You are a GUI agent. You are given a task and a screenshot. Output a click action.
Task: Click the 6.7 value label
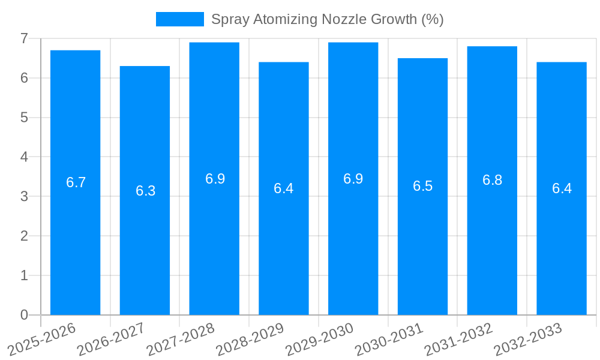(76, 182)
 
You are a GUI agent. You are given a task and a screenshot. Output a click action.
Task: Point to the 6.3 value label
(145, 191)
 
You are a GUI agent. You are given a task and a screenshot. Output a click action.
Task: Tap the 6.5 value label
(422, 186)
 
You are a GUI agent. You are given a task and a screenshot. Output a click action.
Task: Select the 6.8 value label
(492, 180)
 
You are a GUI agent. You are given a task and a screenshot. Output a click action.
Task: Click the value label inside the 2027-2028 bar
(215, 178)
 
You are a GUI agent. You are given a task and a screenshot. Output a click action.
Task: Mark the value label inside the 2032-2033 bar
(562, 188)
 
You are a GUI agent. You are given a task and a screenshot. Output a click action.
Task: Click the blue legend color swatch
(179, 19)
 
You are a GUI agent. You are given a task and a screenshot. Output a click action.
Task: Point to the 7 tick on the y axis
(24, 38)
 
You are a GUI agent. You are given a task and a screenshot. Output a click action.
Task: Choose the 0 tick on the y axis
(24, 315)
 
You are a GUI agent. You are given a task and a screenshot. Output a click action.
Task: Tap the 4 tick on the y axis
(24, 157)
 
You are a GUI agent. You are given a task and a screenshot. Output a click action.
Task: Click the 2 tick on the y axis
(24, 236)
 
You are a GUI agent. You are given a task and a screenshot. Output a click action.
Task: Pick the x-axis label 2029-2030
(319, 340)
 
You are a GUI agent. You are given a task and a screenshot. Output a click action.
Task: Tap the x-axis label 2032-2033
(527, 340)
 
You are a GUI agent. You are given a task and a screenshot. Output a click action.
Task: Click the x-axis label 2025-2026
(41, 340)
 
